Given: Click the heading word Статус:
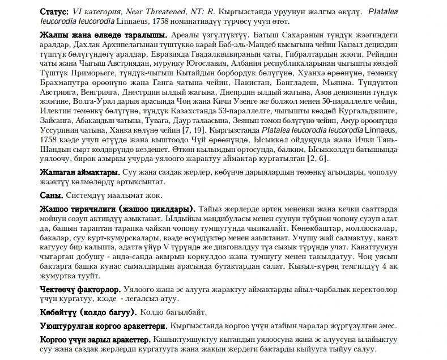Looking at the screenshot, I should pyautogui.click(x=54, y=11).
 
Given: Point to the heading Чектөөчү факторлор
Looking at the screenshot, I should pyautogui.click(x=80, y=289).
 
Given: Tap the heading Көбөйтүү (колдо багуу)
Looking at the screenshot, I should pyautogui.click(x=88, y=312).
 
